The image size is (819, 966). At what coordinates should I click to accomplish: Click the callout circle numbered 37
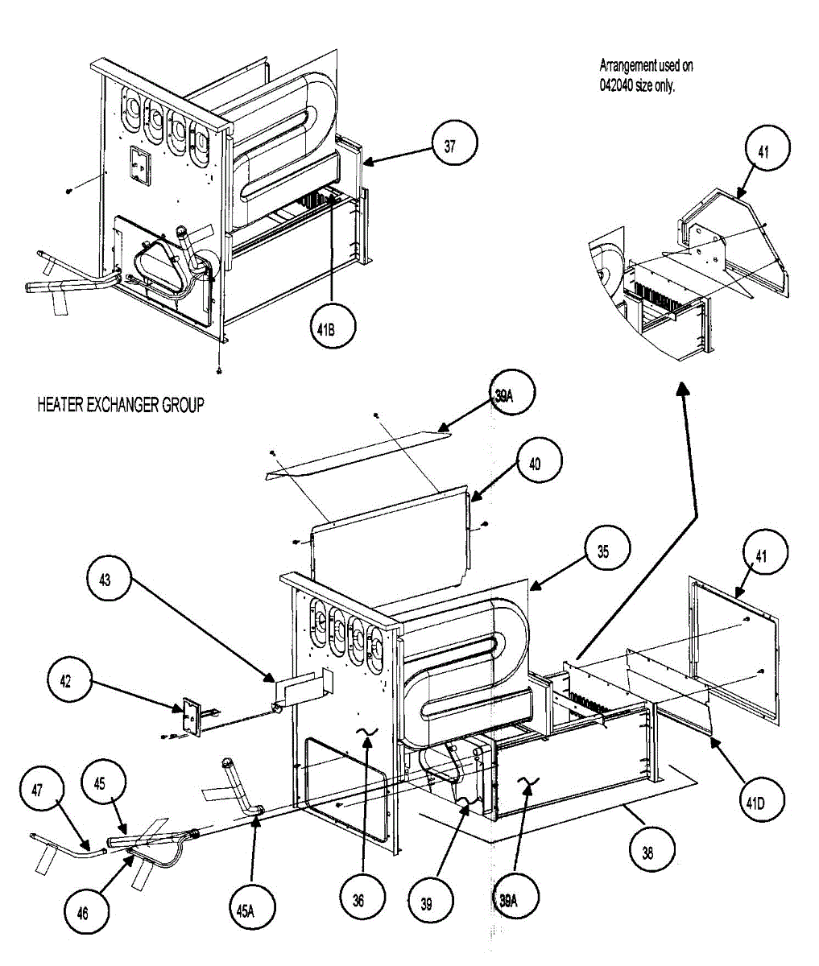point(449,146)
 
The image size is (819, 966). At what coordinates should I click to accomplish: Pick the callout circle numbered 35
point(603,551)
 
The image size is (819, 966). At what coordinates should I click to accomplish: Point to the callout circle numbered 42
point(65,682)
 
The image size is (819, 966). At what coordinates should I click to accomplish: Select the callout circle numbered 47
point(37,791)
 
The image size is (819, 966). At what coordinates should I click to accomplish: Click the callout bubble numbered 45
point(101,782)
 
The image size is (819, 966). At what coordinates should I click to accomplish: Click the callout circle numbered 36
point(358,900)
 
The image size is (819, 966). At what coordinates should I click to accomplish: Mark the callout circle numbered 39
point(426,903)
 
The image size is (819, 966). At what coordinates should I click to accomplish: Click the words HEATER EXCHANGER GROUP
point(120,405)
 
